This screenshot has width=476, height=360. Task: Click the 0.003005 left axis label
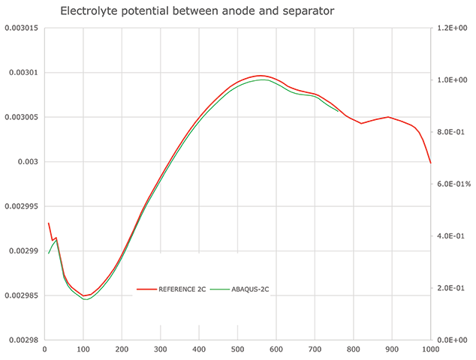(20, 117)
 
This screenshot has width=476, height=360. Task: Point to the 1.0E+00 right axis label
(453, 79)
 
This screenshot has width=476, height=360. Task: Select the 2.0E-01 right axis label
(453, 288)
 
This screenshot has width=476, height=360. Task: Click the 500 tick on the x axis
(237, 349)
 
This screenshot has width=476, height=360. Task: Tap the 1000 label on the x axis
(430, 349)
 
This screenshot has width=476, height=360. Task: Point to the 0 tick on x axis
(45, 349)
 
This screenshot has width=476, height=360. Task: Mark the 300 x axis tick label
(161, 349)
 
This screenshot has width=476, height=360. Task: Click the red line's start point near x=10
(49, 223)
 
